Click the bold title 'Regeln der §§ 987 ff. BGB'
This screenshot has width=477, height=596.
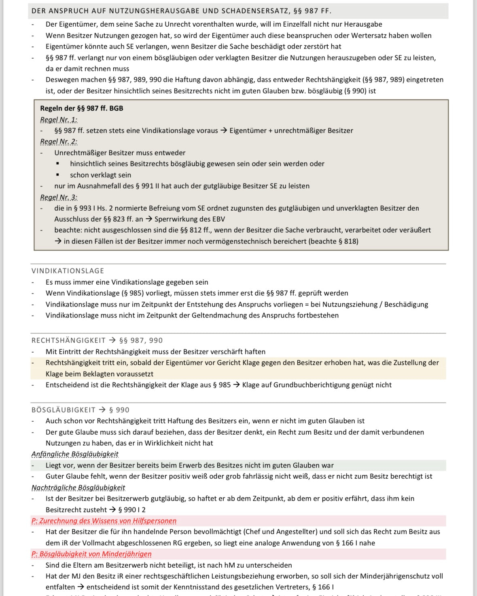[81, 108]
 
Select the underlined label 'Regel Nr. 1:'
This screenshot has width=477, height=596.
[59, 120]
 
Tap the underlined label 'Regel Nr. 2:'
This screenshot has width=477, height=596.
[59, 142]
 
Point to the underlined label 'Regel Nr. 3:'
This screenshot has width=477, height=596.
[59, 197]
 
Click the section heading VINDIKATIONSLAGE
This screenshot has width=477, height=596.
[68, 271]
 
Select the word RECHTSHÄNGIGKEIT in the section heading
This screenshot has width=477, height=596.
[68, 340]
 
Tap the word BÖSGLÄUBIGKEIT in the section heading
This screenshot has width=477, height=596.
[64, 410]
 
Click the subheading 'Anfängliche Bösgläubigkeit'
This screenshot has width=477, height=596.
[75, 454]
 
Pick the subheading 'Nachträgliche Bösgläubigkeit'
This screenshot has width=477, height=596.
[78, 488]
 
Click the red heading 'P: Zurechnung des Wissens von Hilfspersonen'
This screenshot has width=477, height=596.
[104, 521]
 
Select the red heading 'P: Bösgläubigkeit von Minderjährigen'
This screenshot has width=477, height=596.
[91, 554]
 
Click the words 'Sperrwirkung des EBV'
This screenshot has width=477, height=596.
[190, 219]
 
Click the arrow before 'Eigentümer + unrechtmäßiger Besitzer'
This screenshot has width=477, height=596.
[224, 131]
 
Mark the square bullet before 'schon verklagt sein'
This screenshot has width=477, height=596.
[58, 175]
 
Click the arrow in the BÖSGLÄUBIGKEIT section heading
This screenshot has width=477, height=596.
[102, 410]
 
